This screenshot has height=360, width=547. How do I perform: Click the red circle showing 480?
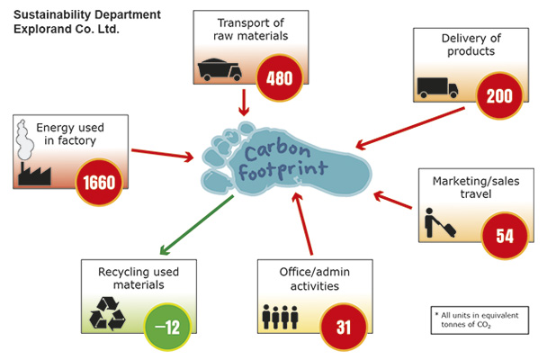coord(280,76)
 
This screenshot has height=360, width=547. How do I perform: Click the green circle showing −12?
coord(168,326)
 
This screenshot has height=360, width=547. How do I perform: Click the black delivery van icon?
coord(438,86)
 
